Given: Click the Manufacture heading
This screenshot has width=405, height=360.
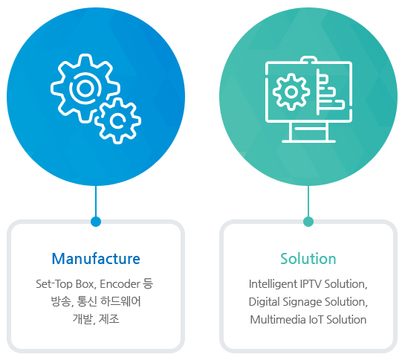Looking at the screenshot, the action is pos(96,259).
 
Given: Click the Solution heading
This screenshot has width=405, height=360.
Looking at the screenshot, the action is pos(308,259).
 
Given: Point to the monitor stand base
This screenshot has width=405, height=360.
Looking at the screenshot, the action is pos(308,141).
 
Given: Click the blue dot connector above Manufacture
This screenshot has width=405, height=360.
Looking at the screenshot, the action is pos(96,222).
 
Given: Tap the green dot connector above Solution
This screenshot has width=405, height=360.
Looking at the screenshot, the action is pos(308,222).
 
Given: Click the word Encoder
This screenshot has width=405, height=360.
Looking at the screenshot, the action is pos(120,284).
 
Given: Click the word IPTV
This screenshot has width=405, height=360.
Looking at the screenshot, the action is pos(311,284).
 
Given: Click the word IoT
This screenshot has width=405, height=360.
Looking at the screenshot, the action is pos(316,320).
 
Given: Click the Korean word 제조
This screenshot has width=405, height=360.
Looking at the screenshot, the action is pos(109,319).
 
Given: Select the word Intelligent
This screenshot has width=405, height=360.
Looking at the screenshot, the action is pos(273,284).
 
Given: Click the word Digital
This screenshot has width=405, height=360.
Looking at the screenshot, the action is pos(265,302).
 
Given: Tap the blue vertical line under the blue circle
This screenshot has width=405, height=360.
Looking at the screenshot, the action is pos(96,202).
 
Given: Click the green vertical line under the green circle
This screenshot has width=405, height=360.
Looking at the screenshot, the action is pos(308,202).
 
